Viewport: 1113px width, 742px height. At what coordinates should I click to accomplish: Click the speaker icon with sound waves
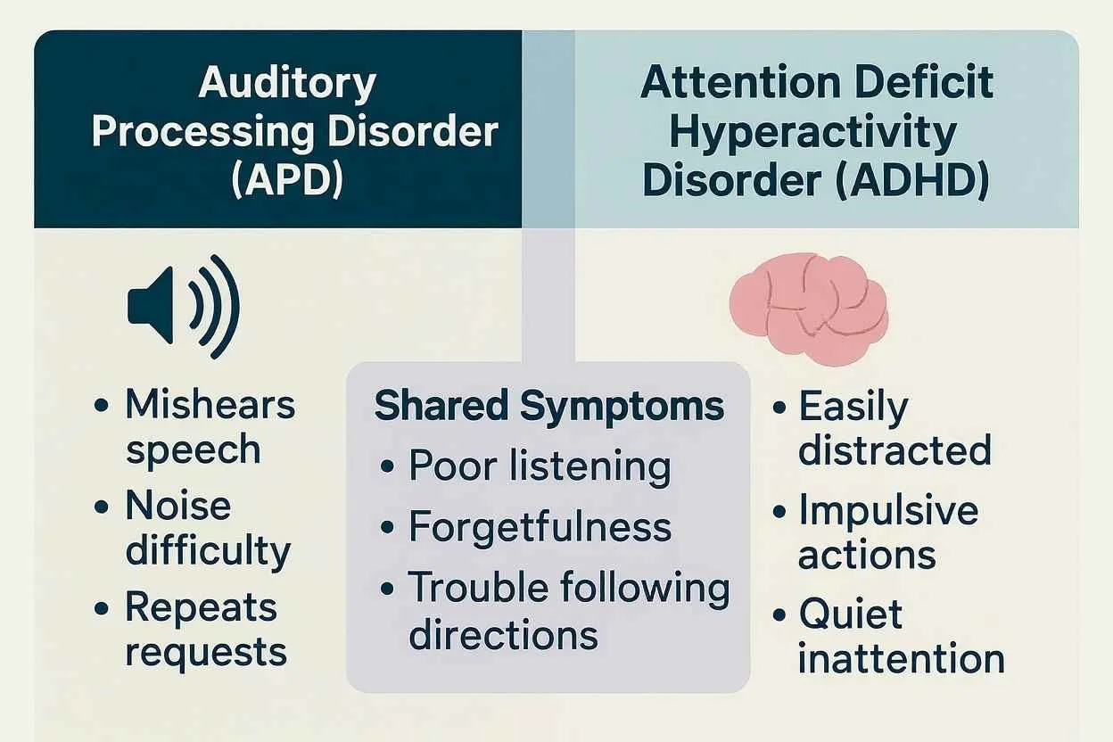183,307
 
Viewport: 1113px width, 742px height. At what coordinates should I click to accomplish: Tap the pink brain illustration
809,306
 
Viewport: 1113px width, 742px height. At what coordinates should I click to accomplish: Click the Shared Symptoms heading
549,407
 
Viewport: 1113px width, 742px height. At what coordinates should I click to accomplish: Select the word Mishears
210,404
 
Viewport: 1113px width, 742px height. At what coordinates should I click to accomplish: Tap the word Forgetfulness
540,526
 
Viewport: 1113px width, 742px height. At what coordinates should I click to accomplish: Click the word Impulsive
888,511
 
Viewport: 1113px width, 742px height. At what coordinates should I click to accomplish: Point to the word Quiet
851,614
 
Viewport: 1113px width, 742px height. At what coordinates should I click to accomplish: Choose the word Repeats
202,607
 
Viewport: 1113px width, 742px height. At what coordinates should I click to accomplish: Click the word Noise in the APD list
178,506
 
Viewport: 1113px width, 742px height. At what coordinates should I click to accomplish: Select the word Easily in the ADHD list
853,407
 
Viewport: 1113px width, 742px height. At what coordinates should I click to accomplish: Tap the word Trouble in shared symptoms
478,589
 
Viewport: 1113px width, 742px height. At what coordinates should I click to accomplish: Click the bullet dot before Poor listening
387,467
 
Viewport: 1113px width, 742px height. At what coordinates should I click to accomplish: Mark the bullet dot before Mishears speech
102,406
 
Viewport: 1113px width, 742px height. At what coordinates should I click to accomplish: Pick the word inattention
901,659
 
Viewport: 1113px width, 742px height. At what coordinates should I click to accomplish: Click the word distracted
895,449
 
